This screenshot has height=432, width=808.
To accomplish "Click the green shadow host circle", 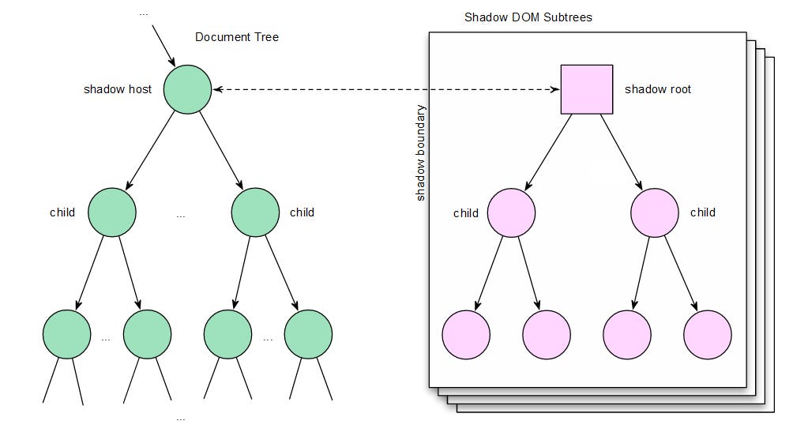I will [x=187, y=89].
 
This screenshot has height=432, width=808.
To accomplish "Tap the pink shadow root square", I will [x=587, y=89].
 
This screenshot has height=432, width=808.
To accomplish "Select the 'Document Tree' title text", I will [x=237, y=37].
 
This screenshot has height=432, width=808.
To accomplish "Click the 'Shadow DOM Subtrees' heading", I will [x=528, y=17].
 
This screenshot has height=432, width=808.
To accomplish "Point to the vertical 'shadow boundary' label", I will [x=421, y=152].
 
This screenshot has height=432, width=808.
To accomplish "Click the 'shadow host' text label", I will [x=118, y=89].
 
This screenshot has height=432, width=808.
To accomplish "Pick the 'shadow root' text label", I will [x=658, y=89].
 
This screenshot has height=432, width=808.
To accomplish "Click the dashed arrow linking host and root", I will [x=386, y=90].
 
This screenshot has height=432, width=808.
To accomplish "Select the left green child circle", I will [x=112, y=212].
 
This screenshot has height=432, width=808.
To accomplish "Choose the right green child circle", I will [x=255, y=212].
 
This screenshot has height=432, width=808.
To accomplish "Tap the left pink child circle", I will [x=511, y=212].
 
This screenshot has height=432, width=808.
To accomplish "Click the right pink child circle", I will [x=655, y=212].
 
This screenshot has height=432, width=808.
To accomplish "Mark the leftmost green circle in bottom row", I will [x=67, y=334].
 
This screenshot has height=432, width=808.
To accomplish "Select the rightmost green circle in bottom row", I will [x=308, y=334].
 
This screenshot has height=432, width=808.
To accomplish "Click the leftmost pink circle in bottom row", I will [x=466, y=334].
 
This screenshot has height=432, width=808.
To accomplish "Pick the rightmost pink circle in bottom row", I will [x=707, y=334].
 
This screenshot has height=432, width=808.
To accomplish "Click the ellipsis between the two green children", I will [x=181, y=215].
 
